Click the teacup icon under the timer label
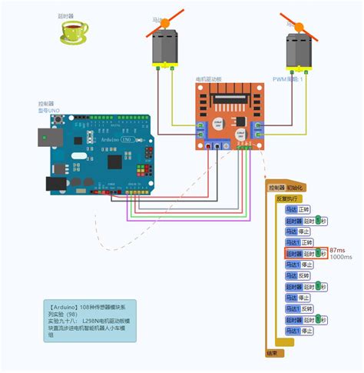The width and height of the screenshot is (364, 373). [x=74, y=32]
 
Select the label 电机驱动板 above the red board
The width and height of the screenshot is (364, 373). [x=209, y=78]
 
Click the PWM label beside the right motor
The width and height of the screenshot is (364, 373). [x=288, y=78]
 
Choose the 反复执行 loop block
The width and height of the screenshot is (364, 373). [x=286, y=198]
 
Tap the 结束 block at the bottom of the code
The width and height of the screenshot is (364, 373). [x=273, y=353]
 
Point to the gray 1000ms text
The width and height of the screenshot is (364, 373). [x=341, y=258]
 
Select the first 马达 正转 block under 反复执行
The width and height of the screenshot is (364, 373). [x=298, y=209]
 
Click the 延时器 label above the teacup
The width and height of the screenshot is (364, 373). [x=68, y=15]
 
